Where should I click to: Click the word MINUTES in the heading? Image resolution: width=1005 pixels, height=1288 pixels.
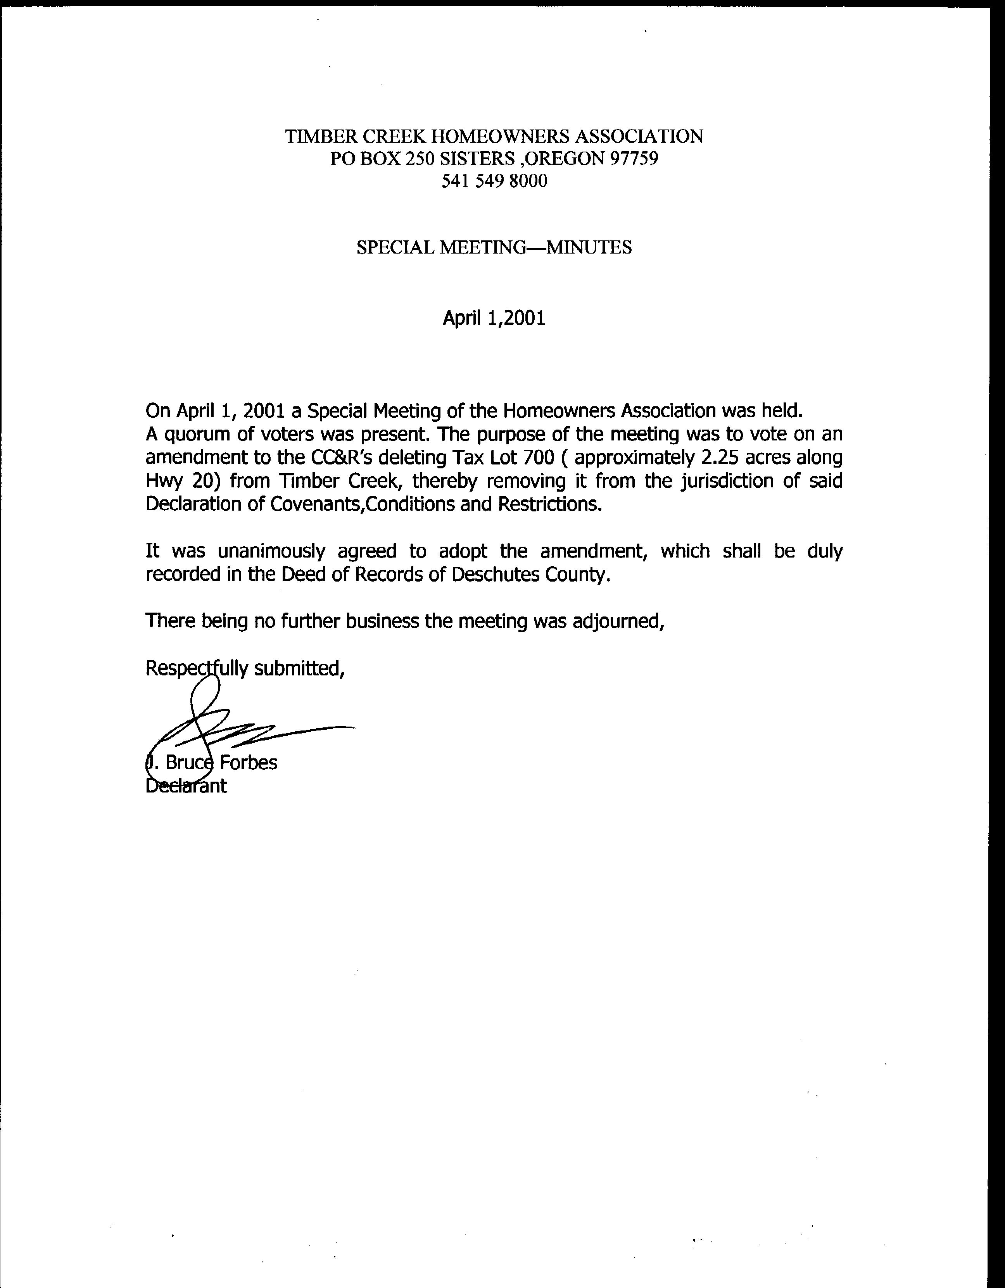pyautogui.click(x=589, y=247)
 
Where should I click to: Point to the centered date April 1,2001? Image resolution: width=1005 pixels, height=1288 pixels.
pyautogui.click(x=494, y=318)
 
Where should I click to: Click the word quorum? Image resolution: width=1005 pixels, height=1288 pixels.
pyautogui.click(x=198, y=435)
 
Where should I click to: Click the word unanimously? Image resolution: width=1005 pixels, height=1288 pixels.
pyautogui.click(x=271, y=551)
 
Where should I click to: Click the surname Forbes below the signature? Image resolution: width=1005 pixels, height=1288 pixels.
pyautogui.click(x=248, y=763)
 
